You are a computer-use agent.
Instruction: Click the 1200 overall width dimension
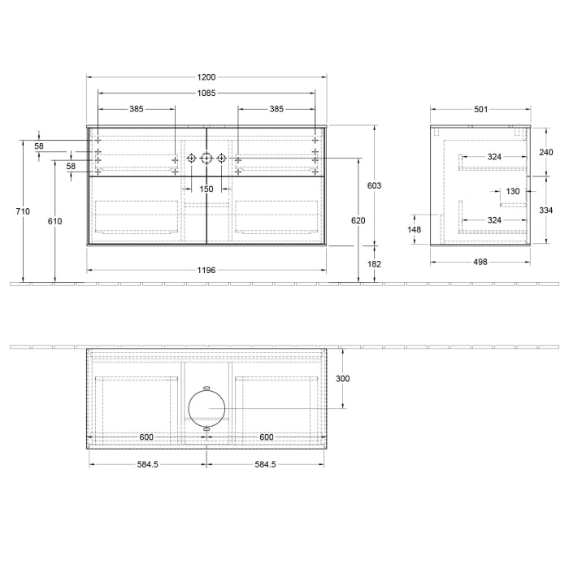[206, 77]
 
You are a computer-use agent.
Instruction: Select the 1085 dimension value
[206, 93]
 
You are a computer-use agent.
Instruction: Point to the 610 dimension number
[55, 221]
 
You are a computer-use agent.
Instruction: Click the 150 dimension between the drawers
[206, 189]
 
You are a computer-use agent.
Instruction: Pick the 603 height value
[374, 185]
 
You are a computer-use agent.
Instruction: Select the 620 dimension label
[358, 221]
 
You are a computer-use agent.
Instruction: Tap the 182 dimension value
[374, 264]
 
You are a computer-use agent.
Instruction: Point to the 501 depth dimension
[480, 109]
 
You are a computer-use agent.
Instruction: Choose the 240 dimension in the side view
[545, 152]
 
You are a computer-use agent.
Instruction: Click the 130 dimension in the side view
[512, 192]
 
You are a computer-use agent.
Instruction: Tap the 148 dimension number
[415, 229]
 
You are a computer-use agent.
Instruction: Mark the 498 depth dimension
[480, 263]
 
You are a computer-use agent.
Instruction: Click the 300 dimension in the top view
[342, 379]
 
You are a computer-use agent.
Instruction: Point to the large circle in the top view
[206, 407]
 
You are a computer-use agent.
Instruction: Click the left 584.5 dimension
[146, 465]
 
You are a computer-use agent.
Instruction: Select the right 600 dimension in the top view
[266, 437]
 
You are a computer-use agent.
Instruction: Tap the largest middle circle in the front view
[206, 158]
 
